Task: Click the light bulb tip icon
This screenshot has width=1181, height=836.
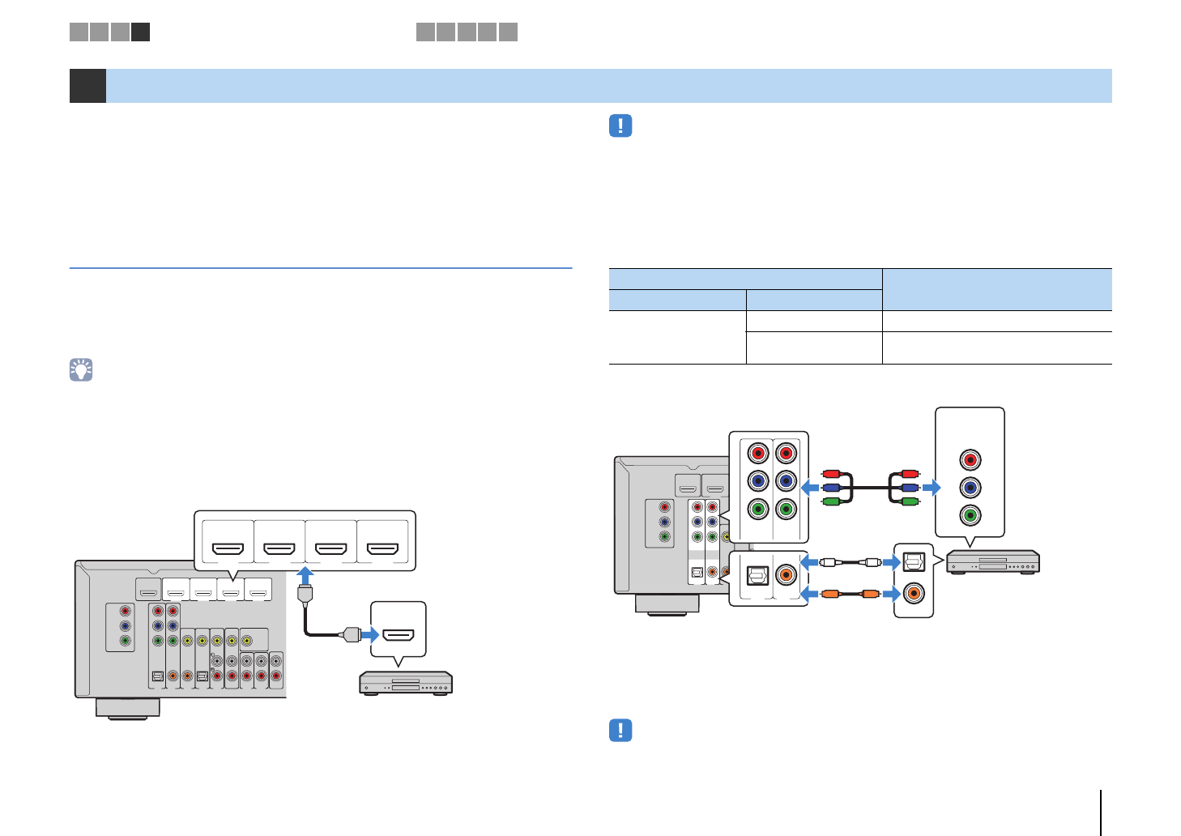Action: (81, 370)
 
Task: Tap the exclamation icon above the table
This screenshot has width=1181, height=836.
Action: (620, 126)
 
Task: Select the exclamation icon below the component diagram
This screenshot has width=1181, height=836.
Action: (620, 730)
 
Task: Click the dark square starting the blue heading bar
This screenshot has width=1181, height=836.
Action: (87, 86)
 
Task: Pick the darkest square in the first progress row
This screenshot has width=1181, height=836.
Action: (141, 32)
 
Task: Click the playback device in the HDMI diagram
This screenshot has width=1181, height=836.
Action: (406, 683)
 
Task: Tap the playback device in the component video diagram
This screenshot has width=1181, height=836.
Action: (992, 561)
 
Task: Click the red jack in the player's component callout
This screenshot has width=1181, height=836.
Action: (970, 460)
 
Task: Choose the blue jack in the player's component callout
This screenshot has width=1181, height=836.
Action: (970, 488)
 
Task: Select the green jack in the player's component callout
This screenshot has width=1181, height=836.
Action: (970, 515)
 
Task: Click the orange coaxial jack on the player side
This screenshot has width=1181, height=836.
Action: (914, 593)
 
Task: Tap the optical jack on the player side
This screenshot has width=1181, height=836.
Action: (914, 561)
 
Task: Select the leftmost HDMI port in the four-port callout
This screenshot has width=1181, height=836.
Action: (228, 548)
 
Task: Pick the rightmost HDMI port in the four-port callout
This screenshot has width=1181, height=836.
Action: (383, 548)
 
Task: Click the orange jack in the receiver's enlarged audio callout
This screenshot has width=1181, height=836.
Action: (785, 575)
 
